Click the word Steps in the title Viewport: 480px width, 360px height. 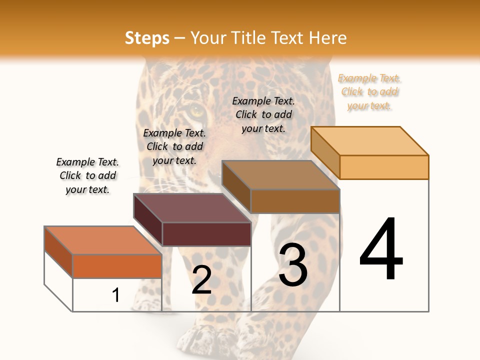pos(147,38)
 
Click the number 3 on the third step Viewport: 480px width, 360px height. pos(293,265)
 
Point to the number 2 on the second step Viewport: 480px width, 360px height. pos(201,280)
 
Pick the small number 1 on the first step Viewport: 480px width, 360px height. pos(116,295)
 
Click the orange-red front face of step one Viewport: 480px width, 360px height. pos(117,266)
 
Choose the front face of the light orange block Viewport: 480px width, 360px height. pos(384,167)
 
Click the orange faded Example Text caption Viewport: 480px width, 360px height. pos(369,92)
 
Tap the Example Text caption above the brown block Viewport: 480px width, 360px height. pos(263,114)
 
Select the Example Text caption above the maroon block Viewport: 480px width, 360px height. pos(174,146)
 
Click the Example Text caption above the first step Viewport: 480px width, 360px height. pos(87,175)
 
